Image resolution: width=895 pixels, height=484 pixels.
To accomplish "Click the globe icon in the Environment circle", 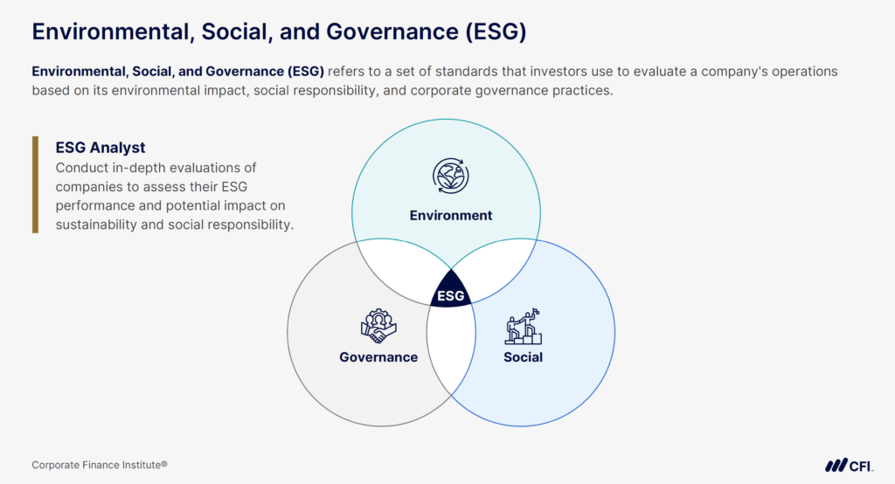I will tap(451, 175).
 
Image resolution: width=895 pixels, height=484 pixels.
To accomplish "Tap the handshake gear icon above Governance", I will tap(378, 326).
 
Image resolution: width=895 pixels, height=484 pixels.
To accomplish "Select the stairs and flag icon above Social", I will tap(523, 326).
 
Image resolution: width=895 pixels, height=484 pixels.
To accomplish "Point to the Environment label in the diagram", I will tap(451, 215).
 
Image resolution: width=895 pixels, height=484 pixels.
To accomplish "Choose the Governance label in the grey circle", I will tap(378, 356).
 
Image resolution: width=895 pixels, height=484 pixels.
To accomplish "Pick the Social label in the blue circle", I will tap(523, 356).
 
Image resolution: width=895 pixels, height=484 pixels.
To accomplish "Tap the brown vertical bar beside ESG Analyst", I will tap(35, 184).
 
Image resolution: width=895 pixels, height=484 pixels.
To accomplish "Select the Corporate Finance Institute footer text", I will tap(100, 465).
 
